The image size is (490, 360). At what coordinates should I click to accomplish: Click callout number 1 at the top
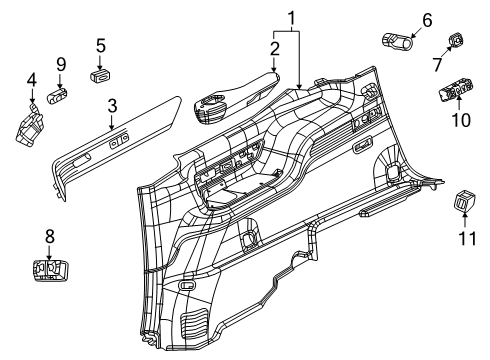click(291, 17)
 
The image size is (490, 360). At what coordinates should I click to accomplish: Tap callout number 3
click(112, 105)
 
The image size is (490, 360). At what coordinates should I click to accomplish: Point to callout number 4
click(31, 80)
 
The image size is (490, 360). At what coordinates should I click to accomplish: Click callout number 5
click(100, 45)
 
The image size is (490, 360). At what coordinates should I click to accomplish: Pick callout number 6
click(426, 18)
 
